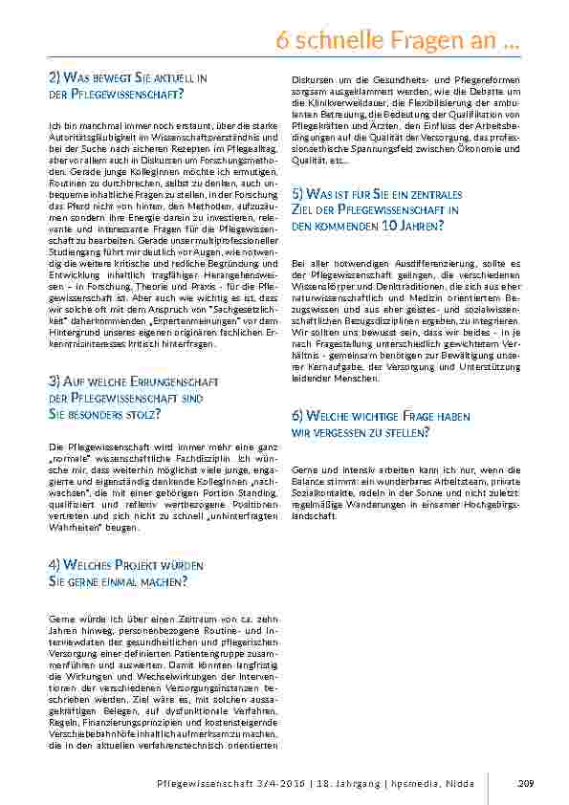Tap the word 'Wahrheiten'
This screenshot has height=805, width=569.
(70, 526)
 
